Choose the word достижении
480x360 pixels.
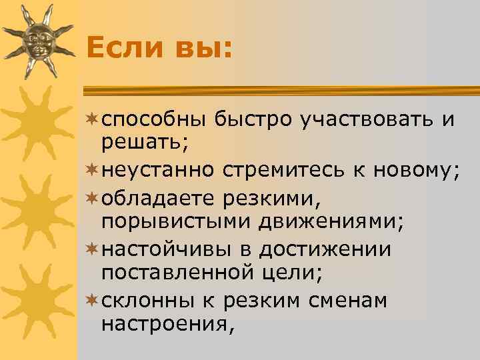click(325, 249)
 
